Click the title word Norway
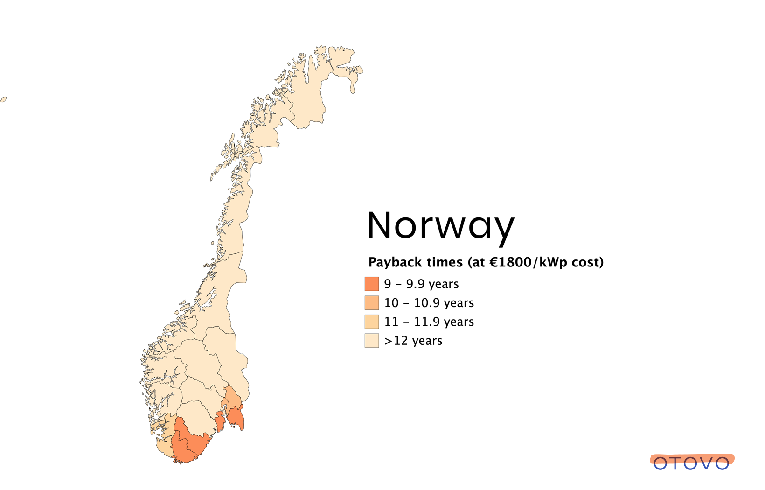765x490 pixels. (x=440, y=226)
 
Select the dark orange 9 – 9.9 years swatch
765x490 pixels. (x=371, y=284)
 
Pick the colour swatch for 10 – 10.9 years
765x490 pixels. (x=371, y=303)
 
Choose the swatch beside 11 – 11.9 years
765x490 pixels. (x=371, y=322)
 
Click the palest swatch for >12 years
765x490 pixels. (x=371, y=341)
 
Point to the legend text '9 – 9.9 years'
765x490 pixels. (x=421, y=284)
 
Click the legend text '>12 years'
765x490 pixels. (x=413, y=341)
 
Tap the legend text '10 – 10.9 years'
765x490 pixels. (x=429, y=303)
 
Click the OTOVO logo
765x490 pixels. (x=691, y=462)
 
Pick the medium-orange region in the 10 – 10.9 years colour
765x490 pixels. (x=232, y=397)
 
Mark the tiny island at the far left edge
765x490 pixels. (x=3, y=99)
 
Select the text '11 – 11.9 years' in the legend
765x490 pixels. (x=429, y=322)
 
